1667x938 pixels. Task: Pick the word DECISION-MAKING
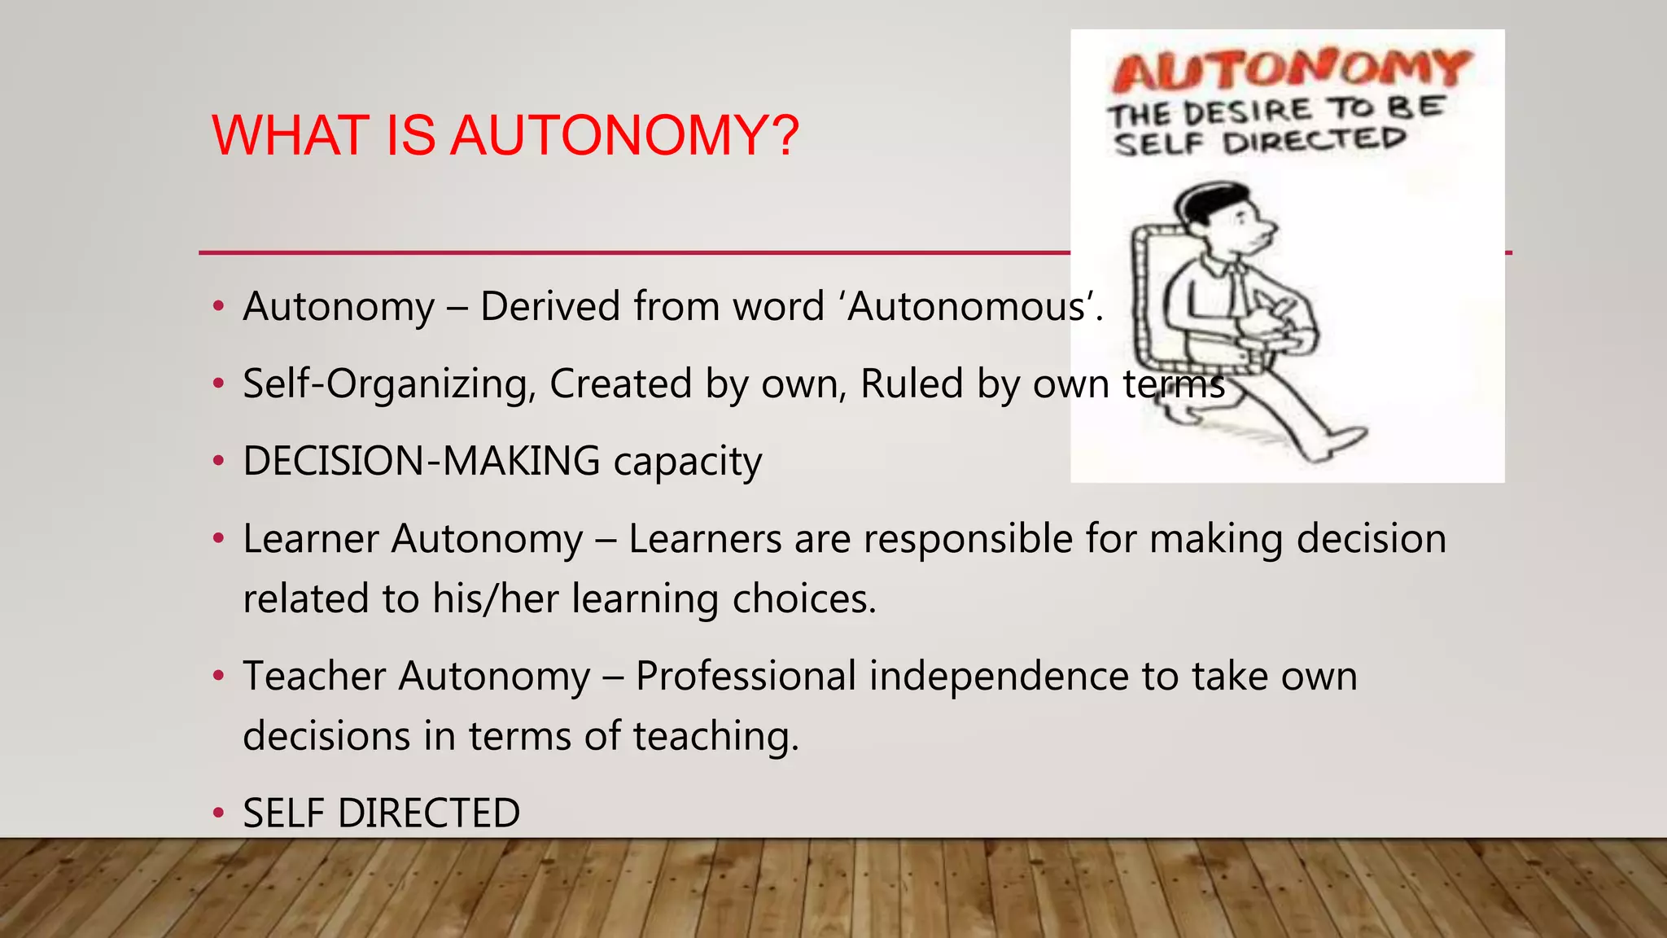tap(422, 461)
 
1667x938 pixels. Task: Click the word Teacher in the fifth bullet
tap(314, 677)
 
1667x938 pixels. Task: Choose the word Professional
tap(746, 677)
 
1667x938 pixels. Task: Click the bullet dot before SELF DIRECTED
tap(217, 813)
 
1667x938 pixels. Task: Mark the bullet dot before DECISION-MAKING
tap(217, 461)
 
